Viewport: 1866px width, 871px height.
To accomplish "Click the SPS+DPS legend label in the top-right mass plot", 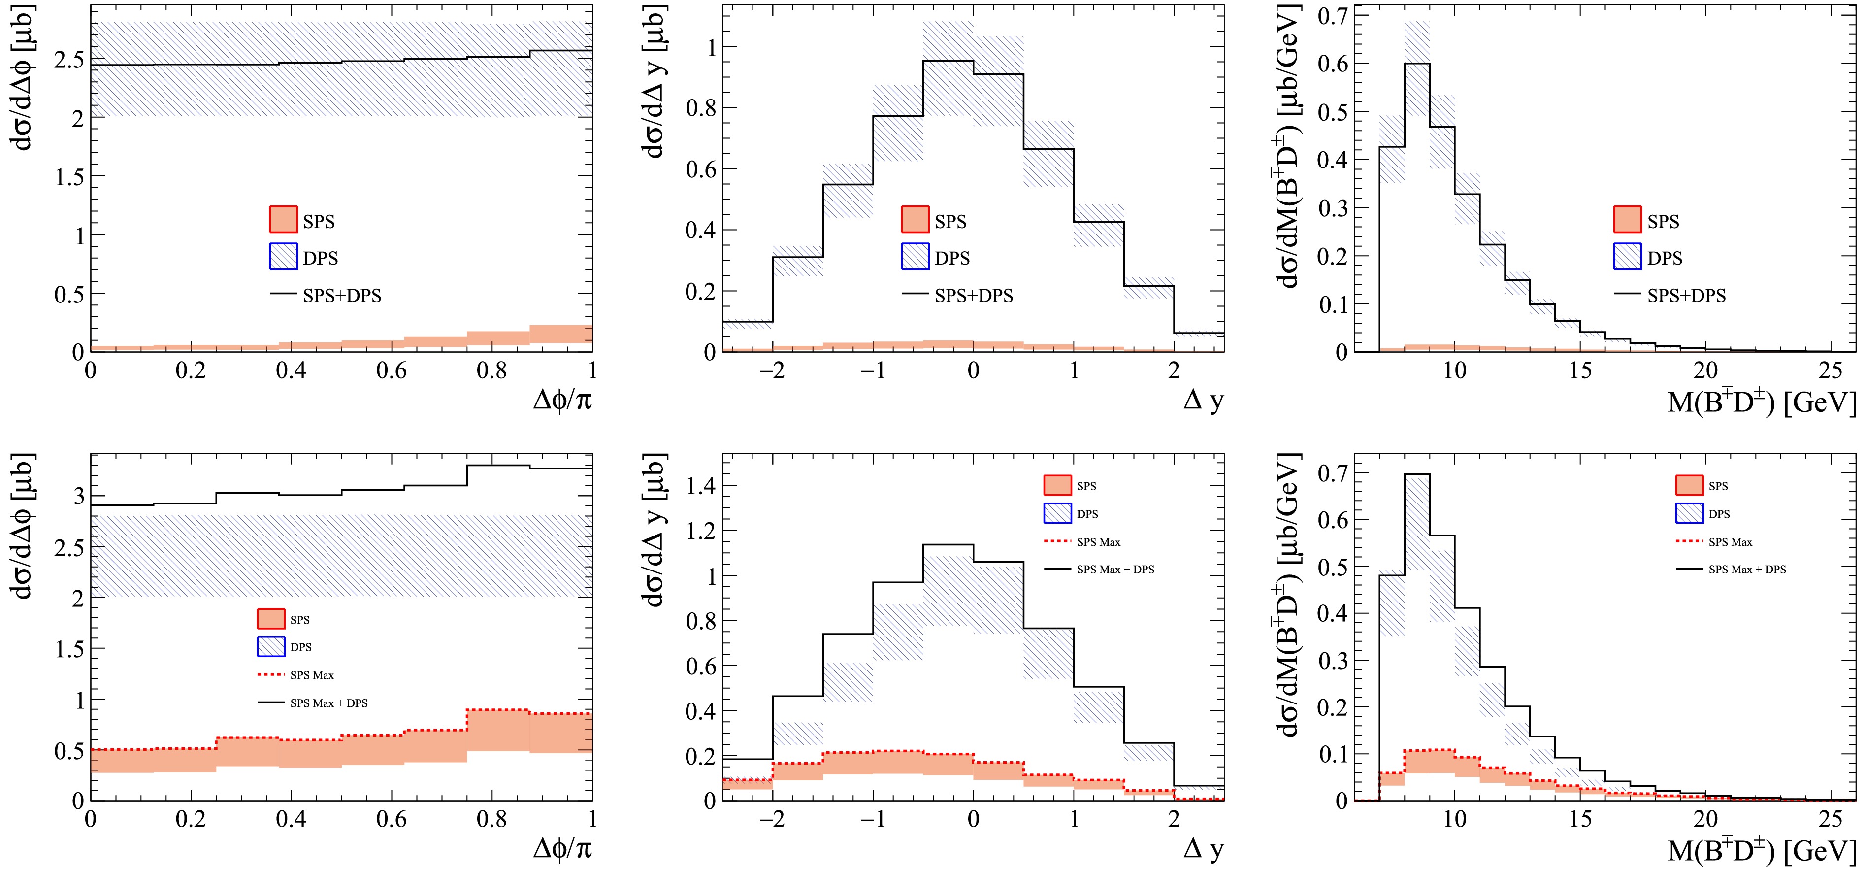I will click(x=1686, y=296).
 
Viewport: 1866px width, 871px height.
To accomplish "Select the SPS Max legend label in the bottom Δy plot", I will click(x=1098, y=542).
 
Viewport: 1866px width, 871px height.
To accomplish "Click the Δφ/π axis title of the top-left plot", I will click(x=562, y=399).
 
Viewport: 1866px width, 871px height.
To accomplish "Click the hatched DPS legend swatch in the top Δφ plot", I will click(x=283, y=257).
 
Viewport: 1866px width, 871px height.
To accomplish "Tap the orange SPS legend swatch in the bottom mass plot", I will click(x=1689, y=485).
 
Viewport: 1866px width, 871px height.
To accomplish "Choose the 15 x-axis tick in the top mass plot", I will click(x=1580, y=371).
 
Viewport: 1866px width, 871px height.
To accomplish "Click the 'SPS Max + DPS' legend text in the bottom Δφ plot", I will click(x=329, y=703).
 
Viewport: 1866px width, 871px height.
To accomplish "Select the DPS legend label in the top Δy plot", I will click(x=952, y=258).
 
